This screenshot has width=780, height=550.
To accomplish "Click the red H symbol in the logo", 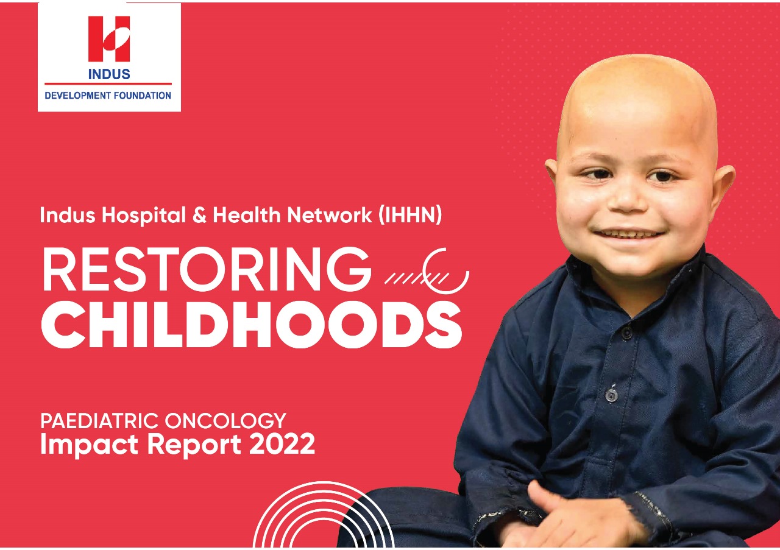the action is pyautogui.click(x=109, y=38).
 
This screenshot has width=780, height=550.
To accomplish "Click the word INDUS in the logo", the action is pyautogui.click(x=109, y=74).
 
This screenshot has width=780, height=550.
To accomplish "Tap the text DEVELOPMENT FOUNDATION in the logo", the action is pyautogui.click(x=108, y=96).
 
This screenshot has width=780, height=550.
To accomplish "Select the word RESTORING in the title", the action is pyautogui.click(x=205, y=269).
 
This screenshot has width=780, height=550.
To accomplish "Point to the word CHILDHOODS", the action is pyautogui.click(x=252, y=325).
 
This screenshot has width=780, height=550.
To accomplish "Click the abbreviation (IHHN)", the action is pyautogui.click(x=410, y=215).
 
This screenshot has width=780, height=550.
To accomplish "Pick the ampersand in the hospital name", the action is pyautogui.click(x=199, y=215).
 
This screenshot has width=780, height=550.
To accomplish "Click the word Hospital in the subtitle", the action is pyautogui.click(x=144, y=216).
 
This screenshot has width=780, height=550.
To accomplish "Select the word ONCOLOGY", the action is pyautogui.click(x=225, y=421).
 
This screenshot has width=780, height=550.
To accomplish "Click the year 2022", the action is pyautogui.click(x=282, y=444).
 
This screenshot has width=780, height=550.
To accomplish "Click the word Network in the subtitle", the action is pyautogui.click(x=330, y=215).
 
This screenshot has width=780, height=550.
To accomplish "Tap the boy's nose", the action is pyautogui.click(x=628, y=201).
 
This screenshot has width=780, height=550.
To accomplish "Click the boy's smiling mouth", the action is pyautogui.click(x=629, y=234).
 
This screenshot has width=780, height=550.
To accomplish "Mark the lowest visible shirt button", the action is pyautogui.click(x=611, y=395).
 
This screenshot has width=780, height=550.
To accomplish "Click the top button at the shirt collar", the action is pyautogui.click(x=628, y=333).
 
